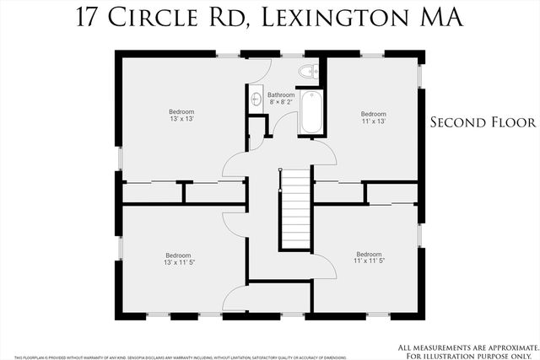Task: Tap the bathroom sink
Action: tap(256, 99)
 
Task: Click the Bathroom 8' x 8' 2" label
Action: tap(281, 99)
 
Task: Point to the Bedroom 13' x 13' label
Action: tap(181, 116)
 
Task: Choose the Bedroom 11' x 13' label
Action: tap(373, 117)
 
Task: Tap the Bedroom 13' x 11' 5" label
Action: tap(178, 259)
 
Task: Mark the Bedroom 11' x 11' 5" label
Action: tap(369, 258)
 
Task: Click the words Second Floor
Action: tap(483, 122)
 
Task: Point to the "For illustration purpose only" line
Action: tap(466, 353)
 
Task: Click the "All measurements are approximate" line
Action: tap(466, 346)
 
